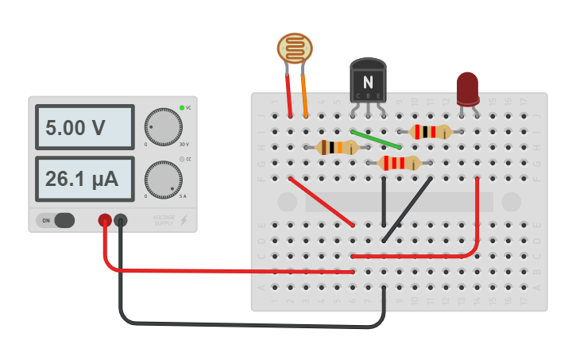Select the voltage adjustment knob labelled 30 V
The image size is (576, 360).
[x=163, y=127]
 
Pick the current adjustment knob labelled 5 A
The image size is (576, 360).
[x=163, y=180]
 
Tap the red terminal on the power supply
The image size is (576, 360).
[x=104, y=220]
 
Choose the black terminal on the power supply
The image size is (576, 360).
[x=121, y=220]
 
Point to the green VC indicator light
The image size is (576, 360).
[x=182, y=107]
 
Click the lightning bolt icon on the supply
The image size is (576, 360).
[x=184, y=220]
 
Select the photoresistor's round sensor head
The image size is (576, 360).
[x=295, y=49]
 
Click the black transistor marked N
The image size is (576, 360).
[x=368, y=82]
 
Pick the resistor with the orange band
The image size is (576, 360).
[x=336, y=147]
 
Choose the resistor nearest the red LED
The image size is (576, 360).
[x=430, y=132]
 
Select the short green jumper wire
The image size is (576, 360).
[x=377, y=139]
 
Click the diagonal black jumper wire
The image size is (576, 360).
[x=408, y=208]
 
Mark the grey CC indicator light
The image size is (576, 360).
[x=182, y=159]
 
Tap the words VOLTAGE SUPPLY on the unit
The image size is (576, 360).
[x=164, y=220]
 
